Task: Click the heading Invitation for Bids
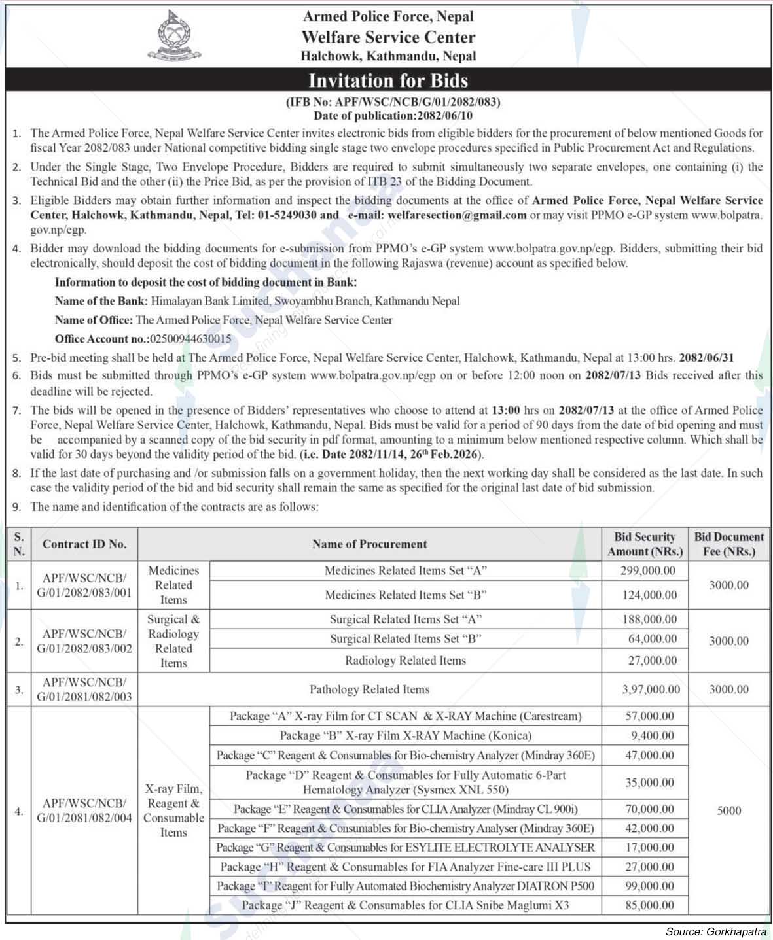(387, 80)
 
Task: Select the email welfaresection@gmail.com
(457, 215)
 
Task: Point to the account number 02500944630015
(190, 339)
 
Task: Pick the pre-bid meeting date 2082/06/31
(706, 358)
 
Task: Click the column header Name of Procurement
(369, 544)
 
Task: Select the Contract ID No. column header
(84, 544)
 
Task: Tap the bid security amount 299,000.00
(648, 570)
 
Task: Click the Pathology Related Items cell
(369, 689)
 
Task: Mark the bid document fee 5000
(728, 810)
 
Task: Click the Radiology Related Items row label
(405, 661)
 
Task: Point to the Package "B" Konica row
(405, 735)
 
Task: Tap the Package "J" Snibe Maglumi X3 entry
(405, 905)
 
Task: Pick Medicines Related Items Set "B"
(405, 595)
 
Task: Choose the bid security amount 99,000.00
(650, 886)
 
